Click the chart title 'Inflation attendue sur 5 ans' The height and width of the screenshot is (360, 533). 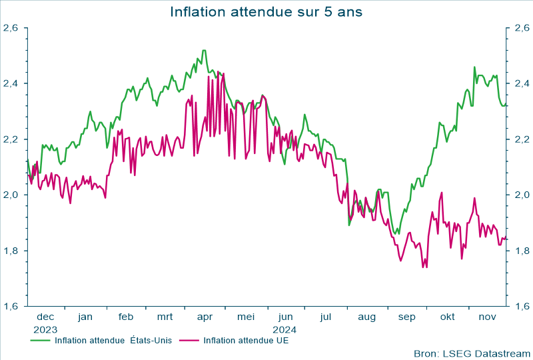pyautogui.click(x=266, y=12)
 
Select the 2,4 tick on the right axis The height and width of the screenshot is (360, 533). pyautogui.click(x=521, y=83)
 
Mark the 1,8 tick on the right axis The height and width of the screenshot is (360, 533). pyautogui.click(x=521, y=251)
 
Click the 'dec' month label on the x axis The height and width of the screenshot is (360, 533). pyautogui.click(x=45, y=317)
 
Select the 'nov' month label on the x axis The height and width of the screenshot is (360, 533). pyautogui.click(x=488, y=317)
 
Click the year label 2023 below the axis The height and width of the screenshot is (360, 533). pyautogui.click(x=45, y=329)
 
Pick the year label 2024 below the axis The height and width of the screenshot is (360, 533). pyautogui.click(x=285, y=329)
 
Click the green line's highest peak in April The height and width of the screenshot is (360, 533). pyautogui.click(x=204, y=50)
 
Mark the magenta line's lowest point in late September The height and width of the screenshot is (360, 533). pyautogui.click(x=423, y=267)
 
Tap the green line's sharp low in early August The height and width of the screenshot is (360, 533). pyautogui.click(x=349, y=225)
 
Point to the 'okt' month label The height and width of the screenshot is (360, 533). pyautogui.click(x=447, y=317)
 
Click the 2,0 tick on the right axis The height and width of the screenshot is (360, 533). pyautogui.click(x=521, y=195)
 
